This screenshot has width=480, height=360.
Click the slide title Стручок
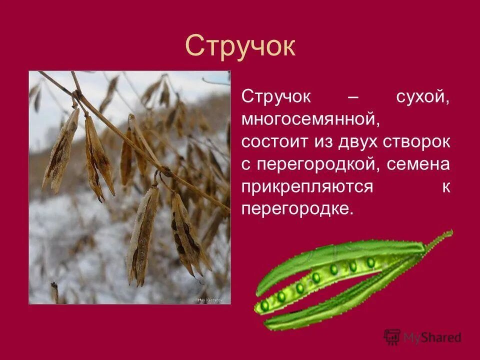[240, 46]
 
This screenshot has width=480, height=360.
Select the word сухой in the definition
[423, 96]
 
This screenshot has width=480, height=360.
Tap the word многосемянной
[308, 119]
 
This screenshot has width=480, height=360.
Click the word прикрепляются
[307, 187]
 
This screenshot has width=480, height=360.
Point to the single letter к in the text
[445, 187]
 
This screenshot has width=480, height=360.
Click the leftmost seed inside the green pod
[264, 305]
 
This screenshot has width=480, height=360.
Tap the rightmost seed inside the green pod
[370, 262]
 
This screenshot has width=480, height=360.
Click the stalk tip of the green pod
[448, 232]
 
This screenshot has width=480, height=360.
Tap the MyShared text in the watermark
[433, 338]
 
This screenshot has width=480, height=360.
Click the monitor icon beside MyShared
[392, 337]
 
